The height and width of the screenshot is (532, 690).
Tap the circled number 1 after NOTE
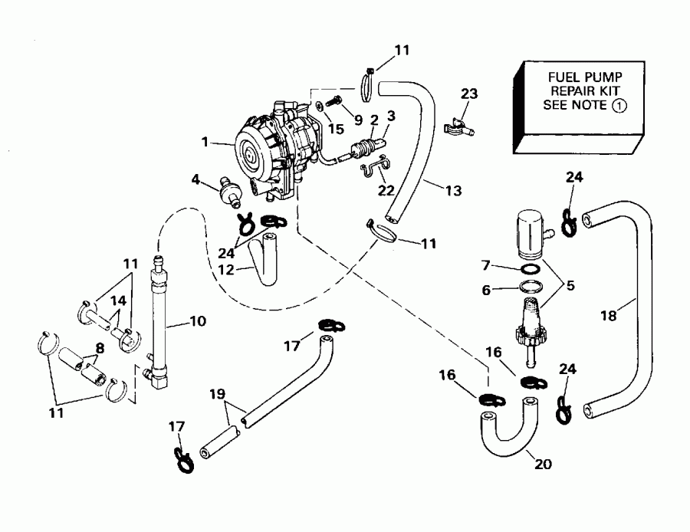(x=619, y=106)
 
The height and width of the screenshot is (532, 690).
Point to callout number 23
(x=469, y=94)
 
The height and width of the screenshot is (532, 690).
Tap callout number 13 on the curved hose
(x=453, y=190)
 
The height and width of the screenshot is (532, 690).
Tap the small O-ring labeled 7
(x=529, y=270)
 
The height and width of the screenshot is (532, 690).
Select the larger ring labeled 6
(x=530, y=288)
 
